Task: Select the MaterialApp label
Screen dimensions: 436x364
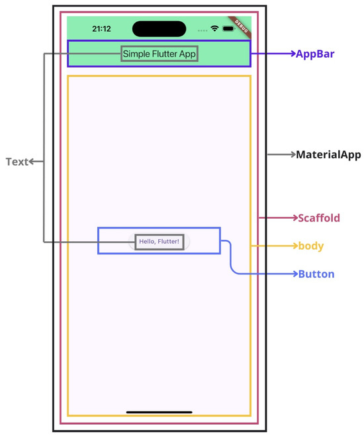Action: tap(328, 155)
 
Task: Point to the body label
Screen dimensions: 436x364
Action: tap(310, 246)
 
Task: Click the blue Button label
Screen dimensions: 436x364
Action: tap(316, 274)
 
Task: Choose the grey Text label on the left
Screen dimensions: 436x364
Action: tap(17, 162)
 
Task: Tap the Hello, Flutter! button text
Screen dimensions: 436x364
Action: tap(159, 241)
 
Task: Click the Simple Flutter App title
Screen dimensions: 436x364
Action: tap(159, 54)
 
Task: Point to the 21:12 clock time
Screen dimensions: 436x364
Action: tap(101, 29)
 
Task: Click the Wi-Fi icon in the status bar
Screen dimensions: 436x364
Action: tap(214, 29)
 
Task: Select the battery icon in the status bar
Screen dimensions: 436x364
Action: tap(229, 29)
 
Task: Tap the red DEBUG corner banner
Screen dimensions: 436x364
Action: tap(240, 23)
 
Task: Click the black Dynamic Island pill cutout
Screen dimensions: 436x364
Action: tap(159, 29)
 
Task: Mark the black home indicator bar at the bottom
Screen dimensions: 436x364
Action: tap(159, 412)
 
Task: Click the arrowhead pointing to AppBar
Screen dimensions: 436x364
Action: tap(292, 54)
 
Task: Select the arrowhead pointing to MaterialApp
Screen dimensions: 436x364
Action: tap(292, 155)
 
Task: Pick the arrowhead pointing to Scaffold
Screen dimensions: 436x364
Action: tap(293, 218)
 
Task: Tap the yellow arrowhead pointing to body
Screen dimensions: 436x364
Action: tap(293, 246)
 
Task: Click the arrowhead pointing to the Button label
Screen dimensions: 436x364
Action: tap(293, 274)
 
